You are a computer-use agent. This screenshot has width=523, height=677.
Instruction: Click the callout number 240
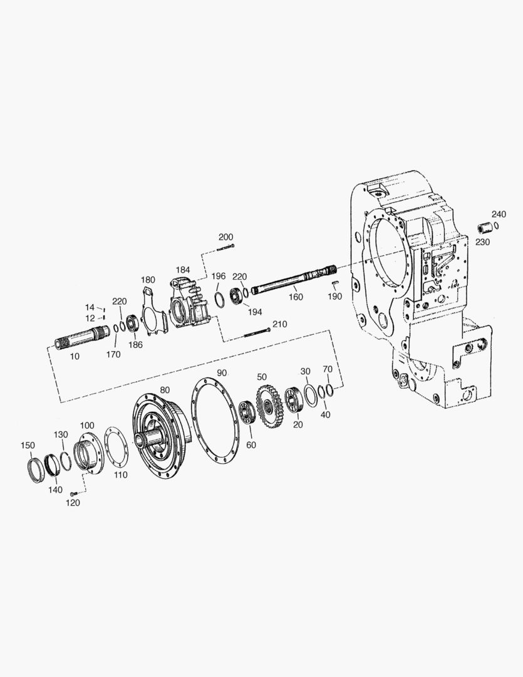[499, 214]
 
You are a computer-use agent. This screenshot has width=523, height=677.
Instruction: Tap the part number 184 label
[182, 270]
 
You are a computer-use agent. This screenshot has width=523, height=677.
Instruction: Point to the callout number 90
[222, 373]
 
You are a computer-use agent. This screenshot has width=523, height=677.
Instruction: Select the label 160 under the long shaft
[296, 297]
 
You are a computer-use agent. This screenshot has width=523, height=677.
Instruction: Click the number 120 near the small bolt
[73, 503]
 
